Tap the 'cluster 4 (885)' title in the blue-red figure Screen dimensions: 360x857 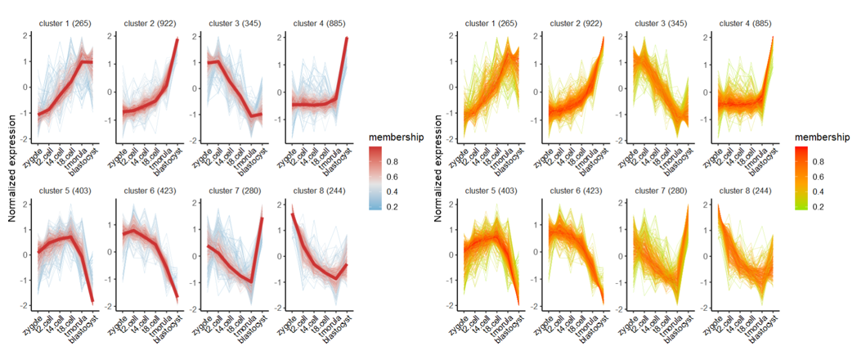pyautogui.click(x=318, y=24)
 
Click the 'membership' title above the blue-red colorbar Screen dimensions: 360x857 pyautogui.click(x=395, y=137)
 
